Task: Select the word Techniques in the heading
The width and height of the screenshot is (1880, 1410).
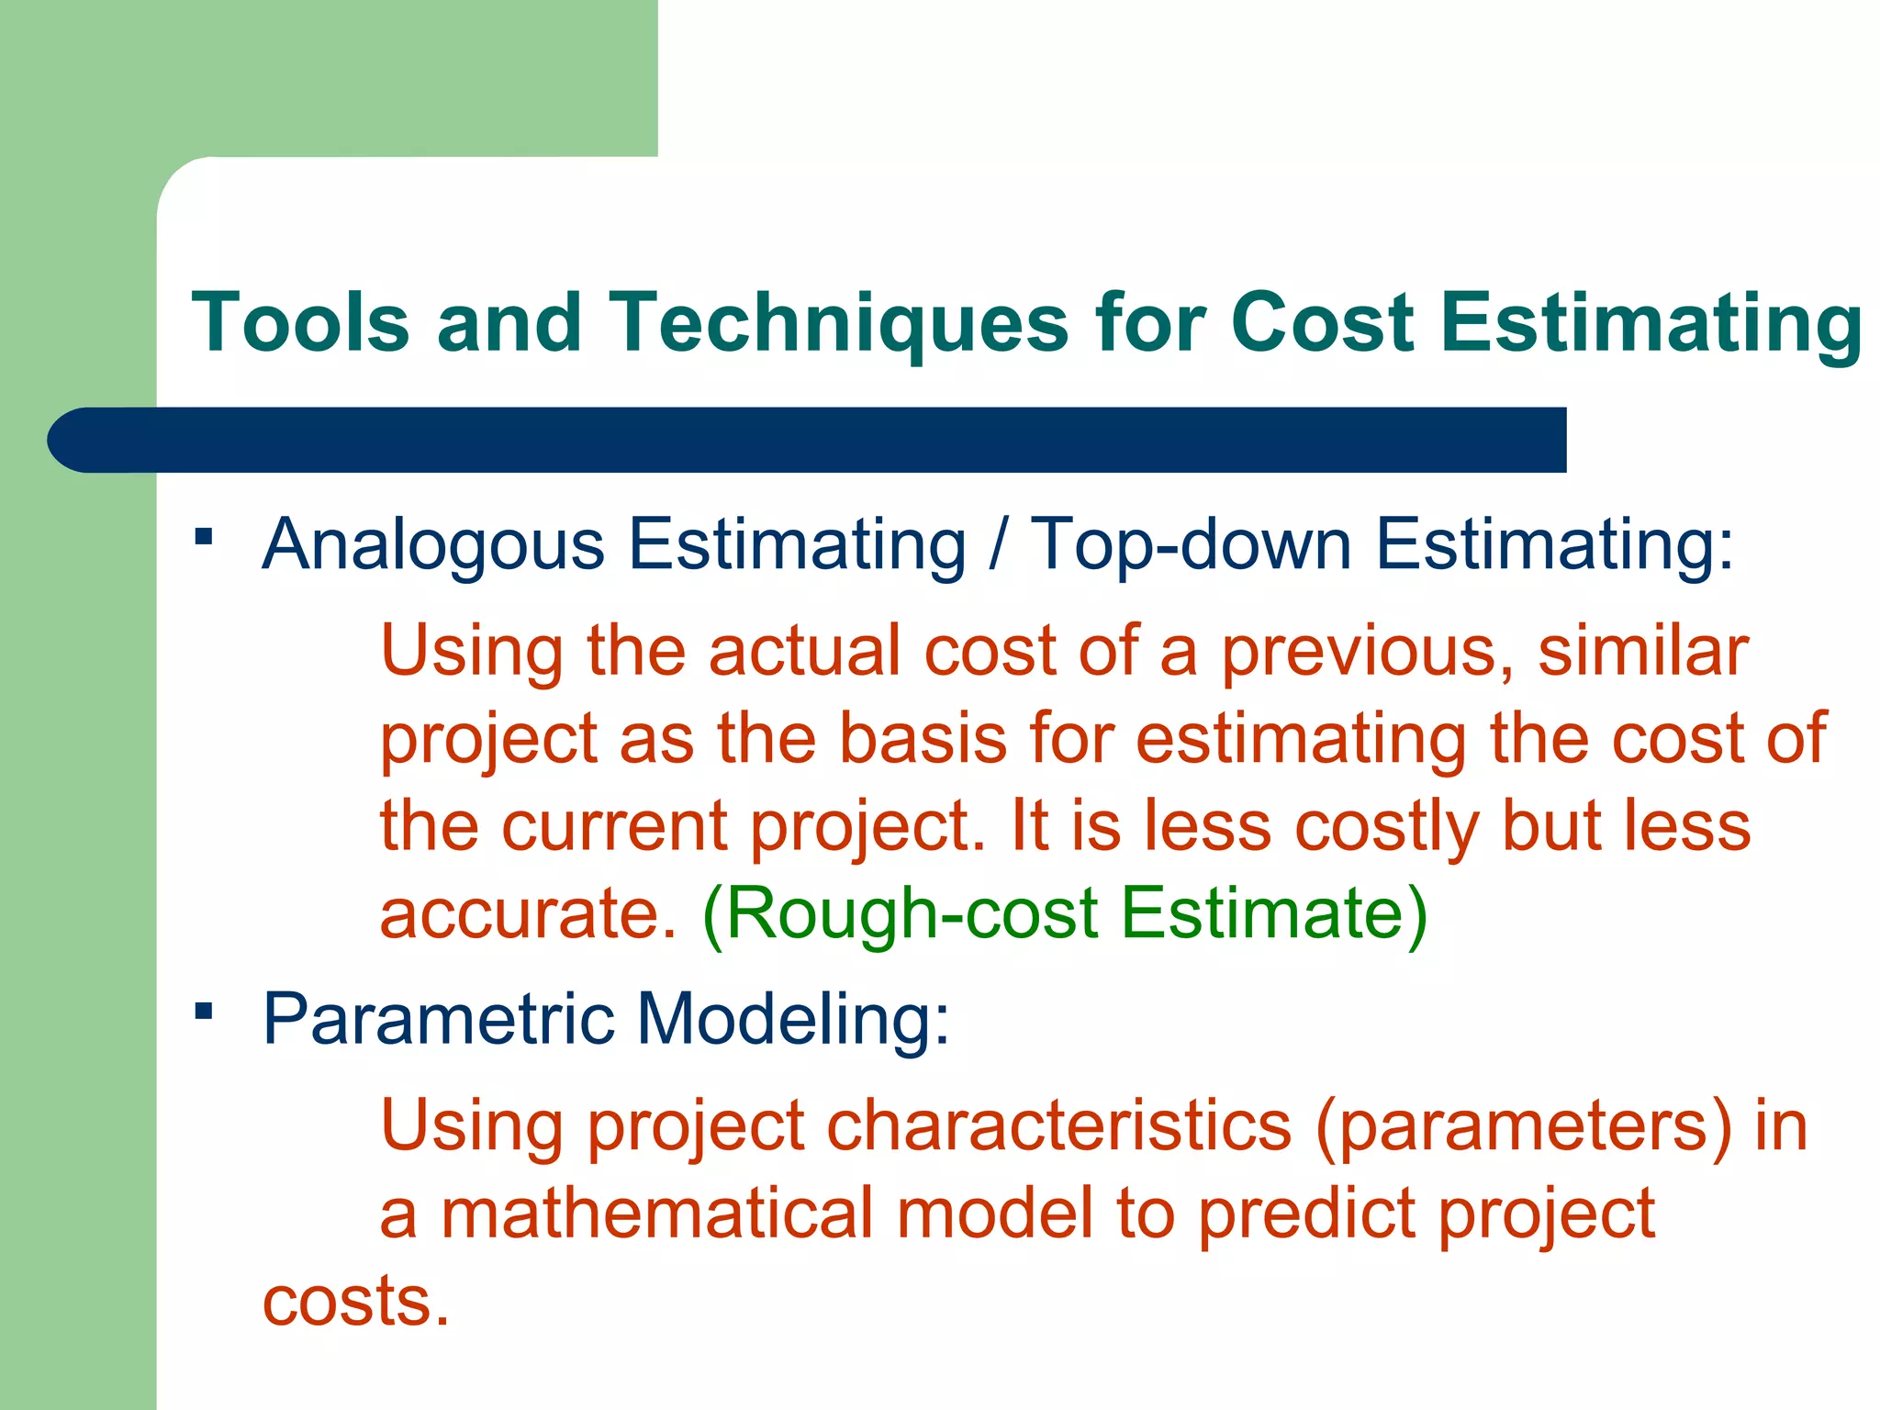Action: pyautogui.click(x=839, y=323)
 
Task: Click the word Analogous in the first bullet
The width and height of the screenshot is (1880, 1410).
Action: pyautogui.click(x=432, y=545)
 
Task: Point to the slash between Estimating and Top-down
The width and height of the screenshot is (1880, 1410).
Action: pyautogui.click(x=998, y=543)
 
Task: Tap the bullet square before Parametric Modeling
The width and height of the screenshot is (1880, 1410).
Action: pyautogui.click(x=204, y=1012)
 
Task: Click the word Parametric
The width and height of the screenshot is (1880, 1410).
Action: pyautogui.click(x=438, y=1019)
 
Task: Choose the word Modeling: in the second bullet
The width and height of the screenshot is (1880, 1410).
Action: pyautogui.click(x=793, y=1021)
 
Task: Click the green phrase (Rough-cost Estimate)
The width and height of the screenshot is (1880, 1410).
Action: pyautogui.click(x=1065, y=913)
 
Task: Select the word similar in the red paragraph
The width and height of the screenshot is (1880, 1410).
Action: pyautogui.click(x=1643, y=650)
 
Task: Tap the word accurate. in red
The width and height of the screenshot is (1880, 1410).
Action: pyautogui.click(x=529, y=914)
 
